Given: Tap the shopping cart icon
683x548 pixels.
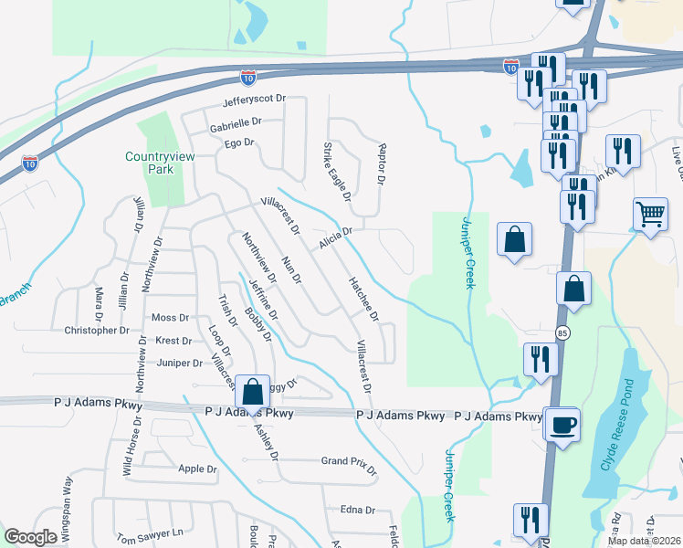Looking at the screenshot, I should pos(650,216).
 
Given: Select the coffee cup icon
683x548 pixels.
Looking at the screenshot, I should pos(562,425).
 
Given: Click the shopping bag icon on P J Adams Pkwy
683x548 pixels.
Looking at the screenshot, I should pos(253,392).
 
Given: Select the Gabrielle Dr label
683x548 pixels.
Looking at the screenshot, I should pos(236,122).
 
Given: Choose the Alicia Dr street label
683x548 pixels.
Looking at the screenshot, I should pos(335,237).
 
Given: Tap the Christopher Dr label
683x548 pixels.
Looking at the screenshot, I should pos(96,331).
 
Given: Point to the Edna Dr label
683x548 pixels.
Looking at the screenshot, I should pos(358,511).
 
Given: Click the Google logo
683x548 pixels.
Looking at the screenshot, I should pos(30,537).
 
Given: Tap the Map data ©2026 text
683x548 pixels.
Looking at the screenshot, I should pos(645,541).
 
